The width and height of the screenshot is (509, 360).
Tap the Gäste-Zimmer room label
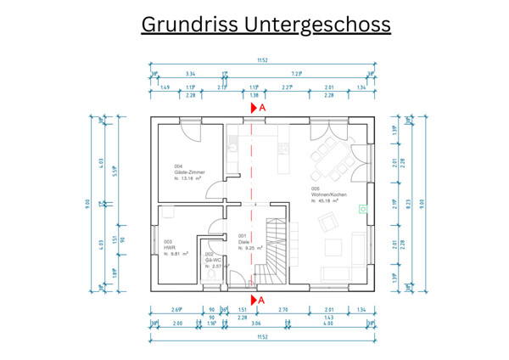click(189, 172)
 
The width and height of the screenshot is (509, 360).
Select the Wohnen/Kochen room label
click(328, 195)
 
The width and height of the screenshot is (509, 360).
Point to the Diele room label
click(243, 241)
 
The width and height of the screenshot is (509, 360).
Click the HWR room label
click(169, 247)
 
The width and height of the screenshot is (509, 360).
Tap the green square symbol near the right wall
click(363, 209)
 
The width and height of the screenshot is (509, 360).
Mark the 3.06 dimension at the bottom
click(255, 323)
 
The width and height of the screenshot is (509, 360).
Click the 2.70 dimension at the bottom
click(284, 310)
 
